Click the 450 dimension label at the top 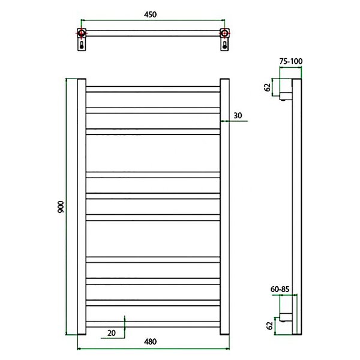pyautogui.click(x=150, y=14)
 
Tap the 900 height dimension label pyautogui.click(x=61, y=207)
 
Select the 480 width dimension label pyautogui.click(x=150, y=341)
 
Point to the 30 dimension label pyautogui.click(x=238, y=115)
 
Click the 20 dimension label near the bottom pyautogui.click(x=112, y=333)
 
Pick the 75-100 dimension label pyautogui.click(x=291, y=61)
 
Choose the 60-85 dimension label pyautogui.click(x=280, y=289)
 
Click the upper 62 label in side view pyautogui.click(x=268, y=88)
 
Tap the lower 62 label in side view pyautogui.click(x=270, y=326)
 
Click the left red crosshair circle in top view pyautogui.click(x=82, y=33)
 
